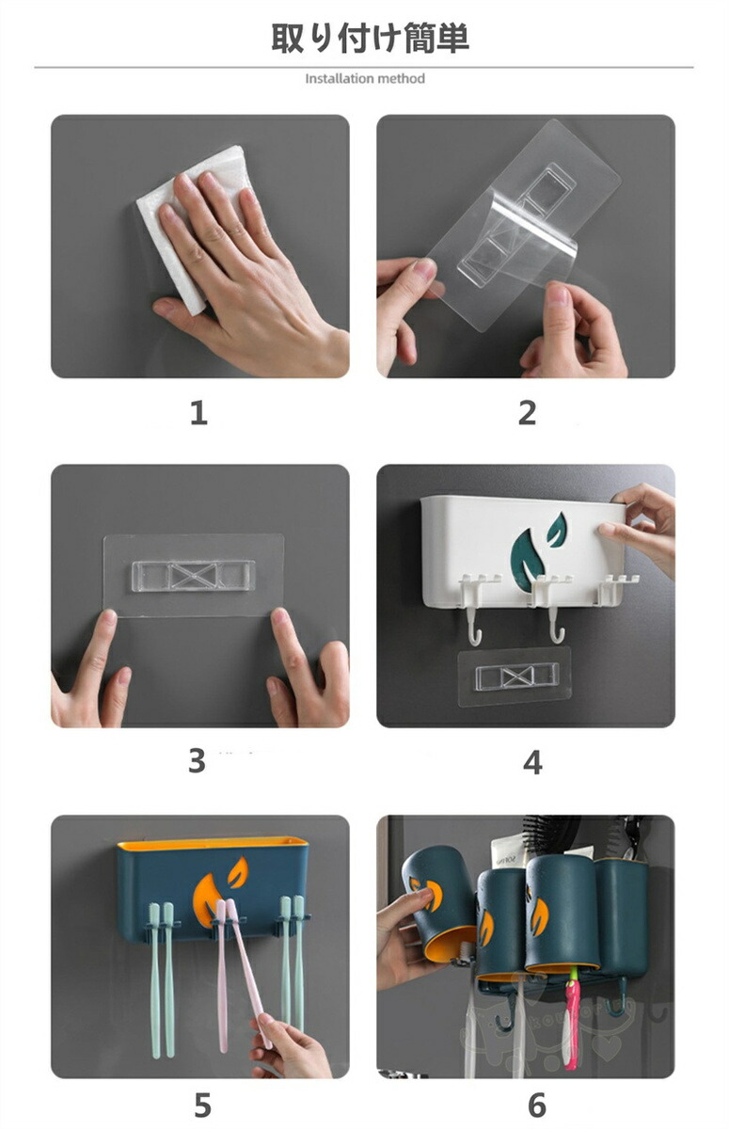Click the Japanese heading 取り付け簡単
pyautogui.click(x=371, y=39)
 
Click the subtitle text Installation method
pyautogui.click(x=365, y=79)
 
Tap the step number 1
pyautogui.click(x=198, y=413)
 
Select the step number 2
pyautogui.click(x=527, y=413)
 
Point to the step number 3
pyautogui.click(x=197, y=761)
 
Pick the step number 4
pyautogui.click(x=532, y=763)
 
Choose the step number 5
pyautogui.click(x=202, y=1105)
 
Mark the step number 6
pyautogui.click(x=537, y=1105)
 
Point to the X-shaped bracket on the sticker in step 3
pyautogui.click(x=193, y=576)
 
